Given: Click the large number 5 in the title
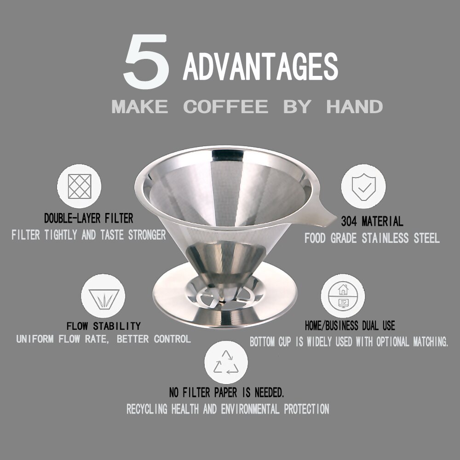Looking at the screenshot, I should pos(146,63).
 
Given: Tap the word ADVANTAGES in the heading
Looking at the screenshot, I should pos(260,67).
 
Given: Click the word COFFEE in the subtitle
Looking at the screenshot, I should pos(225,107).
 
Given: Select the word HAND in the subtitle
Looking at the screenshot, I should pos(354,107).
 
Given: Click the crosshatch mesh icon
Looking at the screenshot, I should pos(79,186).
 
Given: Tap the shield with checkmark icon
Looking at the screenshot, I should pos(363,186).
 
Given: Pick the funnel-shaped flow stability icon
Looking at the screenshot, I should pos(103,296).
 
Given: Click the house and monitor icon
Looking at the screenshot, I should pos(343,296).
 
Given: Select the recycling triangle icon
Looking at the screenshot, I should pos(226,362).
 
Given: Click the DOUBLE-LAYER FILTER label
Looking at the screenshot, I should pos(88,218).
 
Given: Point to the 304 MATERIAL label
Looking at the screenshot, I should pos(372,222).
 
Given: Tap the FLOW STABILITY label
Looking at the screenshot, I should pos(103,326).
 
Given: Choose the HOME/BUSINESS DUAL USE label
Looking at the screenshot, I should pos(350,326).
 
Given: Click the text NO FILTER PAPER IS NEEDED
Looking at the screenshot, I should pos(226,393).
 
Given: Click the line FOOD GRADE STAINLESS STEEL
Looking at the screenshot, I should pos(372,238).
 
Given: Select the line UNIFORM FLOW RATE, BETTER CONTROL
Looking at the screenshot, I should pos(103,339).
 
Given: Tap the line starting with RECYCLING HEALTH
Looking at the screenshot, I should pos(228,409).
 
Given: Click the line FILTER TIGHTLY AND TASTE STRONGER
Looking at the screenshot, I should pos(88,235).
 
